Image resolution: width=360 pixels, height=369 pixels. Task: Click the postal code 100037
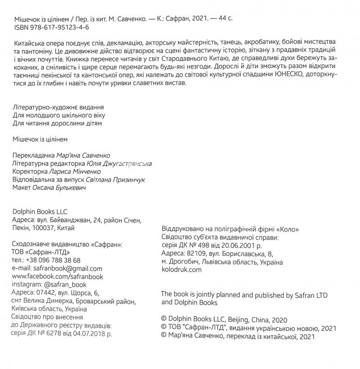click(43, 228)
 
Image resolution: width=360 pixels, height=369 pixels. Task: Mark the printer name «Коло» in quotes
click(288, 229)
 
